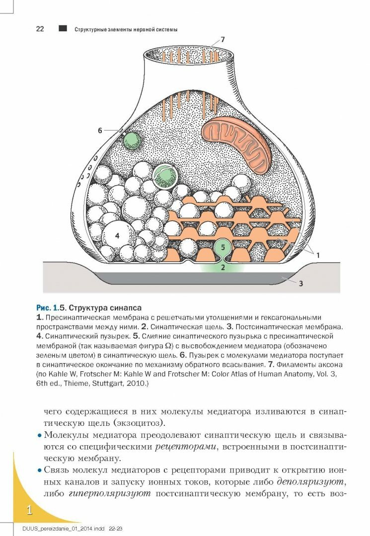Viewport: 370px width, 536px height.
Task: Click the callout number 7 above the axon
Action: (x=223, y=39)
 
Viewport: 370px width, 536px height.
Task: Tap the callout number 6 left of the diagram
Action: (x=100, y=131)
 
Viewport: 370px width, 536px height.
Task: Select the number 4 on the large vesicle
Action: (x=117, y=236)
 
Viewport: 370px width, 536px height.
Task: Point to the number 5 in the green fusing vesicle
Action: (x=223, y=246)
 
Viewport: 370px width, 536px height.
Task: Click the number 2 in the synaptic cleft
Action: (x=223, y=267)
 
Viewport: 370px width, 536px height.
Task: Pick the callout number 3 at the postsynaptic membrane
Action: (x=300, y=283)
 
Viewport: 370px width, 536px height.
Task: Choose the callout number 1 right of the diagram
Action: (x=318, y=255)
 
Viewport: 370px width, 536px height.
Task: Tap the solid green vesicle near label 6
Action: (x=132, y=140)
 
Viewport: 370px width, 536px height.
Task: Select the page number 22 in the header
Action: (x=40, y=29)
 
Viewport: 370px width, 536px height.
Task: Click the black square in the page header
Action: (x=63, y=29)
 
